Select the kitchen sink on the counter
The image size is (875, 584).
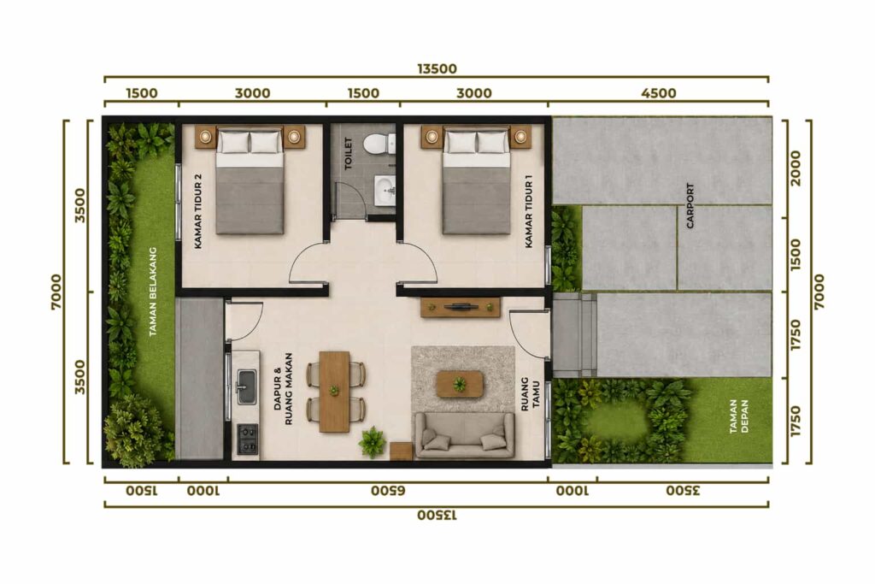pos(246,387)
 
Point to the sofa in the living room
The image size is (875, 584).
pos(464,435)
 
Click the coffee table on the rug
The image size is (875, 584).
pos(460,384)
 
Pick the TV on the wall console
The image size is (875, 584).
pos(461,306)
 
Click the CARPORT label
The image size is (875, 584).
pos(690,205)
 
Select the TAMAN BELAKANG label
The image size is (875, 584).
pos(154,292)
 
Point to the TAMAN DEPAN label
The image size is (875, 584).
pos(739,416)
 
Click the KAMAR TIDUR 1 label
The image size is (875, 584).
pos(529,211)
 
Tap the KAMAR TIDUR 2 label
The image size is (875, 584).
pos(198,210)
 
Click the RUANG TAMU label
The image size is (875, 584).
pos(530,394)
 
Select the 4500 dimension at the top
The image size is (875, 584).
pos(659,92)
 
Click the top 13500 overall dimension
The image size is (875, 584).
pos(437,68)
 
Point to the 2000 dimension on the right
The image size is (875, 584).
pos(796,168)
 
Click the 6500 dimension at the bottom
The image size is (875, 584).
pos(388,491)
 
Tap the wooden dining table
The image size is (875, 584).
pos(334,392)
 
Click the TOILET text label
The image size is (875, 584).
pos(349,153)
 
